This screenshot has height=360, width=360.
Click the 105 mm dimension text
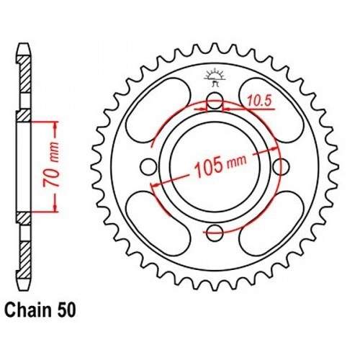pos(220,166)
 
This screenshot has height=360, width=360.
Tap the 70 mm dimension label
pos(51,165)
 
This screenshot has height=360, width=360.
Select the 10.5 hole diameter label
pos(259,101)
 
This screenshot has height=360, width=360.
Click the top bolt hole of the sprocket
pos(215,100)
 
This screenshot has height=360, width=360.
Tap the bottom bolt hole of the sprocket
pos(215,233)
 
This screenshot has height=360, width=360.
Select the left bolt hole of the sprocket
pos(148,166)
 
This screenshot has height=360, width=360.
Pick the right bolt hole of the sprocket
pos(282,166)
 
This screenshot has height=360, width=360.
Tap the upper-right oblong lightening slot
pos(271,110)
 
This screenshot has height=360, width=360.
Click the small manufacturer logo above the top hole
pos(215,77)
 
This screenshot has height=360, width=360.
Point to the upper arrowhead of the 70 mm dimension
pos(55,125)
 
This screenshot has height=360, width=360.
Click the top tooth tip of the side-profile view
pos(24,44)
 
